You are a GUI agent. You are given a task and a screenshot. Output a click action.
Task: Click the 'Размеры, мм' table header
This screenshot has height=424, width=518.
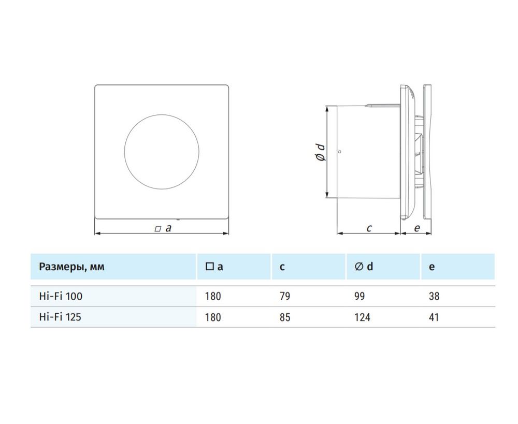(71, 267)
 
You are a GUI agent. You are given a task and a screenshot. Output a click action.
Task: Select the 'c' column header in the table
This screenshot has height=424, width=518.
(282, 267)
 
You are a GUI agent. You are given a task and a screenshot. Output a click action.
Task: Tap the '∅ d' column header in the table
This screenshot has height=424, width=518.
(364, 266)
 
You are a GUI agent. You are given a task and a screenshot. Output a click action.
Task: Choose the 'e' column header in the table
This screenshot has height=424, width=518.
(431, 267)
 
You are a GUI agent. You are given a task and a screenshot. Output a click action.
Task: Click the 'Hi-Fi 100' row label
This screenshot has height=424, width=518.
(61, 296)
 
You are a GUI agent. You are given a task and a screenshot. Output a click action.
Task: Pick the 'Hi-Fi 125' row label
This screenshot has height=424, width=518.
(60, 317)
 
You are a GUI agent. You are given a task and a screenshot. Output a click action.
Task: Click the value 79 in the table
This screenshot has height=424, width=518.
(284, 296)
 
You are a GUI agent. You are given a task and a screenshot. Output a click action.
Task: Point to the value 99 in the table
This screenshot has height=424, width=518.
(359, 296)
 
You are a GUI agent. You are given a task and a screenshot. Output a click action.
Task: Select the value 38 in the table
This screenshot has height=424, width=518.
(434, 296)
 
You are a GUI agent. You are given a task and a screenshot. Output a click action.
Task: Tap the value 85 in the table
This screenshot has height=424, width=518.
(284, 317)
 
